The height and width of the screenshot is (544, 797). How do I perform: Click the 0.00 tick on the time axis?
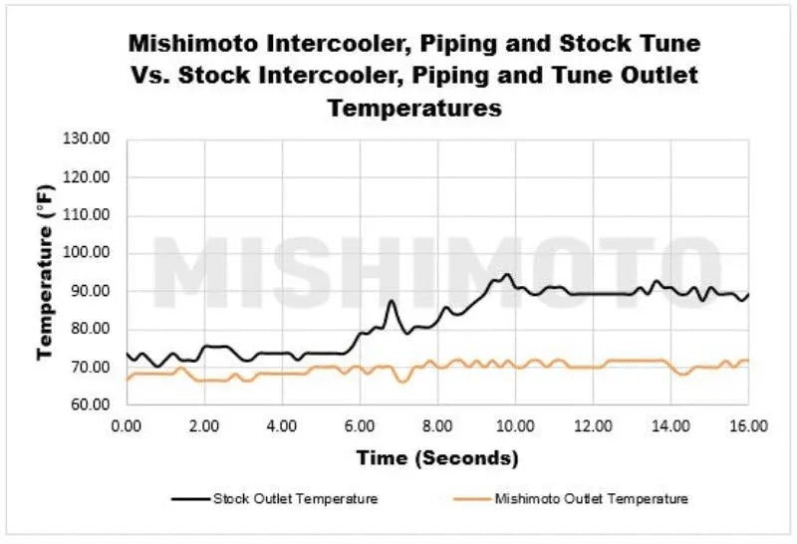pyautogui.click(x=127, y=424)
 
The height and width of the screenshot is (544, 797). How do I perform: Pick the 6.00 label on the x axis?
pyautogui.click(x=360, y=424)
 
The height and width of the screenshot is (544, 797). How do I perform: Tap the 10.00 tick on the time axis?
pyautogui.click(x=515, y=424)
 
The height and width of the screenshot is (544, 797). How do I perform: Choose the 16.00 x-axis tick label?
pyautogui.click(x=748, y=424)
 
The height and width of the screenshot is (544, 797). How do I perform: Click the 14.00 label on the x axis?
pyautogui.click(x=670, y=424)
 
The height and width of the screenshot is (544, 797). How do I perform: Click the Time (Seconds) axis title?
pyautogui.click(x=438, y=458)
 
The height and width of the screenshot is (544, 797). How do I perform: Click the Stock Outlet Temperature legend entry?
pyautogui.click(x=294, y=498)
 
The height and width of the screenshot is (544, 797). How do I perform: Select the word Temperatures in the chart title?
pyautogui.click(x=414, y=107)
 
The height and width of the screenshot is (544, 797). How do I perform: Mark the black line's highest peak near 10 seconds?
pyautogui.click(x=507, y=274)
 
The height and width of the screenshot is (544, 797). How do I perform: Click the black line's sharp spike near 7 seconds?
pyautogui.click(x=392, y=301)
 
